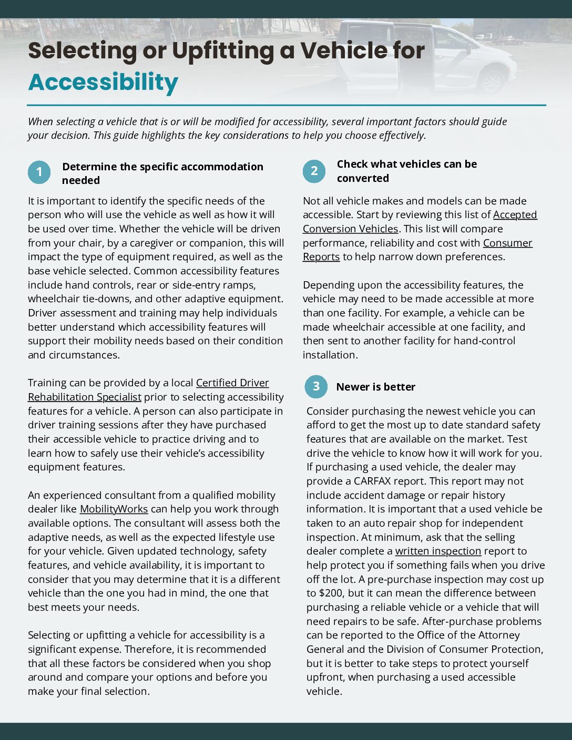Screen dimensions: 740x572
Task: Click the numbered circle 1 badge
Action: pyautogui.click(x=39, y=172)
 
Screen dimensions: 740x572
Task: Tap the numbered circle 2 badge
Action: pyautogui.click(x=314, y=171)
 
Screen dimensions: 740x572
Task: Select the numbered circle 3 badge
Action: pyautogui.click(x=316, y=387)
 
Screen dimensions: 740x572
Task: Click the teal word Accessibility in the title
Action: pyautogui.click(x=103, y=83)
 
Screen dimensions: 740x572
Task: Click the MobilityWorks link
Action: pyautogui.click(x=114, y=509)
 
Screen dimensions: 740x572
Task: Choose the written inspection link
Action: pyautogui.click(x=438, y=551)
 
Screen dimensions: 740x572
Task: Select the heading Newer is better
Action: pyautogui.click(x=375, y=387)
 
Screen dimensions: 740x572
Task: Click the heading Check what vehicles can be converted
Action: pyautogui.click(x=406, y=171)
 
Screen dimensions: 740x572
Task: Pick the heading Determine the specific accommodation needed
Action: pyautogui.click(x=162, y=173)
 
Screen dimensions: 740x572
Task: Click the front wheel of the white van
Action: pyautogui.click(x=492, y=82)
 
